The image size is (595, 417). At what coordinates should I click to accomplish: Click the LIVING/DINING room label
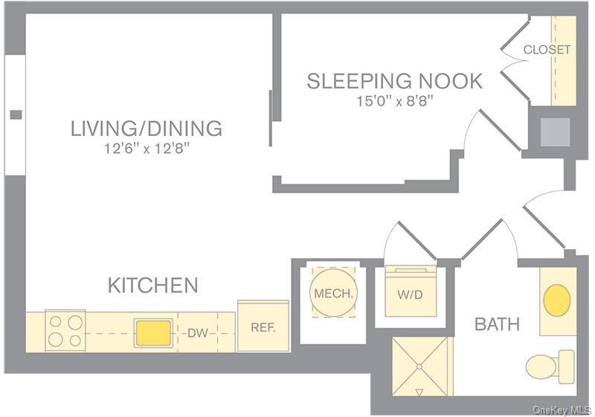pos(147,128)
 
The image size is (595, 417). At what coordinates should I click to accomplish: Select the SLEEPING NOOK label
pos(394,81)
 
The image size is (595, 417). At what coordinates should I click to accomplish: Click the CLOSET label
pos(547,50)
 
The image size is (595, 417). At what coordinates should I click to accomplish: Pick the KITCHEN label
pos(153,285)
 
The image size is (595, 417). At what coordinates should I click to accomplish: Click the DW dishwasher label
pos(197,333)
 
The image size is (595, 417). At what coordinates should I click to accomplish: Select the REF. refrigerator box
pos(263,326)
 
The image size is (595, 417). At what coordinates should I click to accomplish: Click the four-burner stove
pos(65,331)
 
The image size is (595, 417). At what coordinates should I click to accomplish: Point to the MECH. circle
pos(333,294)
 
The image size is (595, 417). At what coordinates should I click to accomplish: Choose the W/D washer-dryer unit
pos(410,294)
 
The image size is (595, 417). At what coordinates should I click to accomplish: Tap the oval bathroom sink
pos(557,300)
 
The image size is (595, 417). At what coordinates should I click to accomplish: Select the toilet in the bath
pos(550,365)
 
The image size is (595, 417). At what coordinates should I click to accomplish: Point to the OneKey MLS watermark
pos(563,410)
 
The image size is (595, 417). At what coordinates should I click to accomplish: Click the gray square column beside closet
pos(555,132)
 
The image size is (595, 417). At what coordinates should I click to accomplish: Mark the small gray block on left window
pos(15,114)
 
